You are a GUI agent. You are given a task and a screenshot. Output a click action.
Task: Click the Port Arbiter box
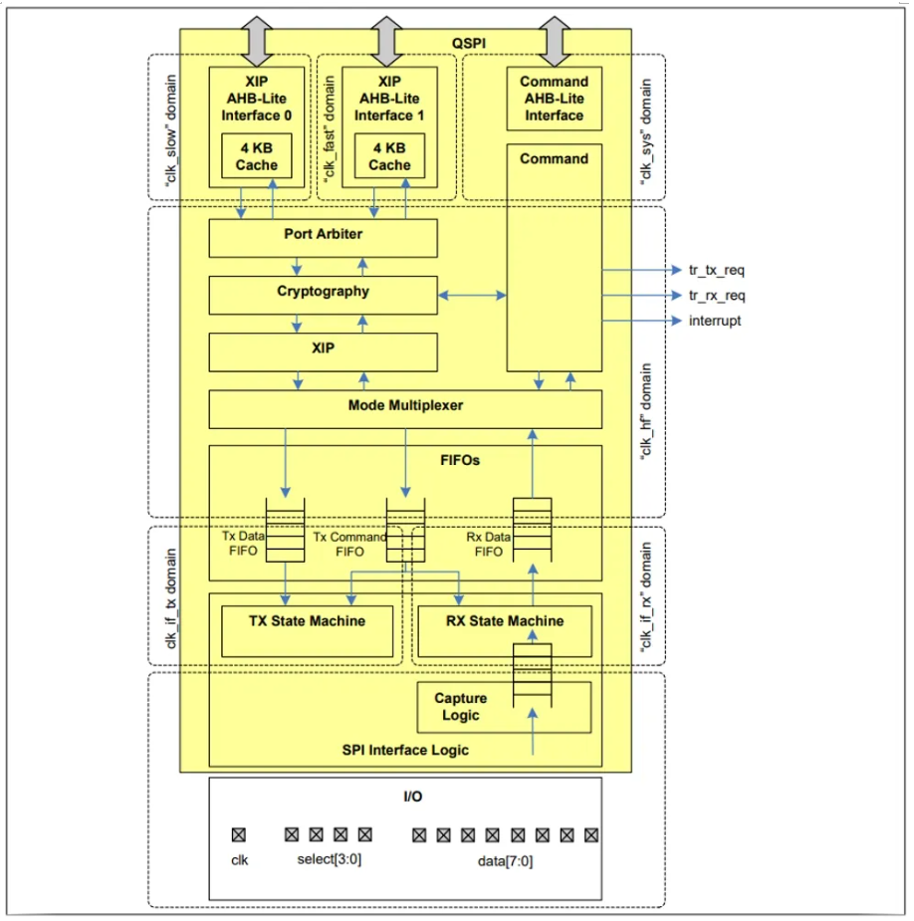(323, 238)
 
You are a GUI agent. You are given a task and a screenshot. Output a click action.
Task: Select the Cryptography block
(323, 295)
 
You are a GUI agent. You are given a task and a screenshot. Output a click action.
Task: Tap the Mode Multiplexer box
(405, 409)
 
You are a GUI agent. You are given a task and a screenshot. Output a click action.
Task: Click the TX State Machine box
(307, 631)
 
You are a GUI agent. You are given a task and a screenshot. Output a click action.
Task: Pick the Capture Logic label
(461, 707)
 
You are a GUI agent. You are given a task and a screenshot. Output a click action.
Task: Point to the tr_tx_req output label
(717, 270)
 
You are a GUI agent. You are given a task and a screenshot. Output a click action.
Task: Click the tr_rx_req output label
(717, 296)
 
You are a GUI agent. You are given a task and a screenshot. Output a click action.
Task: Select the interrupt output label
(715, 321)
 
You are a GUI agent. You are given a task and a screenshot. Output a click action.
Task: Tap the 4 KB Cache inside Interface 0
(257, 155)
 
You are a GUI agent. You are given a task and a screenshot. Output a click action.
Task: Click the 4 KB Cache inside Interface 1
(389, 155)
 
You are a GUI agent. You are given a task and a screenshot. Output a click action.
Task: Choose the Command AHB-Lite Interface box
(554, 99)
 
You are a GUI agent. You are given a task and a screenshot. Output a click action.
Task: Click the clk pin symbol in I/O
(239, 834)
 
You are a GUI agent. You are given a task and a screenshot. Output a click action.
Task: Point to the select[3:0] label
(329, 859)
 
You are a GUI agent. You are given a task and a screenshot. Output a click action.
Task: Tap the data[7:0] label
(505, 861)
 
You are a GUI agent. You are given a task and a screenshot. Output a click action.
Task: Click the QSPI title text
(469, 43)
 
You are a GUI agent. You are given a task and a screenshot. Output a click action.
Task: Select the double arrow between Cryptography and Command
(472, 295)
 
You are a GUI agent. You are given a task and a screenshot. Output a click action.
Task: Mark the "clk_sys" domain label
(645, 132)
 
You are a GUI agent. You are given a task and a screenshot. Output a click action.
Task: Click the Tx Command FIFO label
(349, 544)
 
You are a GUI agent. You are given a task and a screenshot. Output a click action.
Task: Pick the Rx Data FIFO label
(489, 544)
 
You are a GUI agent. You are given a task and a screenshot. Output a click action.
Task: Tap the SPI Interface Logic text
(405, 750)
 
